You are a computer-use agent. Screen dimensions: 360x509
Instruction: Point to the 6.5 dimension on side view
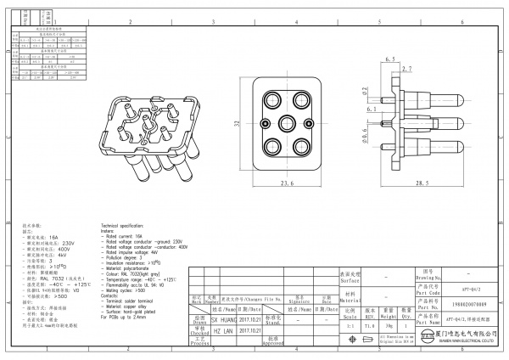coord(391,59)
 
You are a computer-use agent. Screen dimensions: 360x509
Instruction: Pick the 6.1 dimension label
coord(371,110)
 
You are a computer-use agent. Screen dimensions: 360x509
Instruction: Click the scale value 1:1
coord(350,325)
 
